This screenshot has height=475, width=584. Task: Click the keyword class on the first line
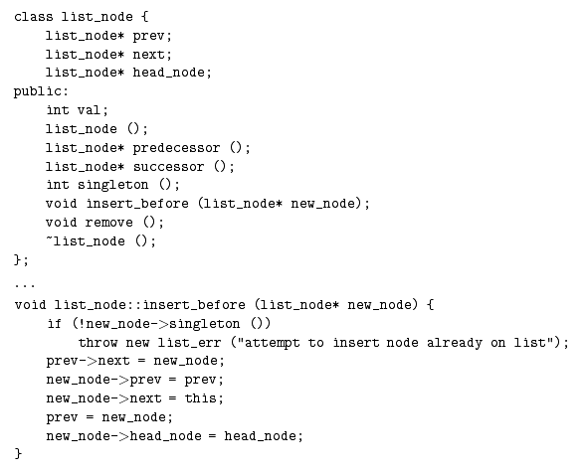[x=34, y=17]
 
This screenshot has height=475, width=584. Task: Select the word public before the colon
[x=38, y=91]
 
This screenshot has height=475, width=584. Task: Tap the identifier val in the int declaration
[x=90, y=110]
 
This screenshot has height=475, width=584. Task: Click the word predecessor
[x=176, y=148]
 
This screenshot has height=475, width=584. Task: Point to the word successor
[x=168, y=167]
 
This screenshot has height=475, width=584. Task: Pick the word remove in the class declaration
[x=108, y=223]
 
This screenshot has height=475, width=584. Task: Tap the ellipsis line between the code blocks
[x=25, y=285]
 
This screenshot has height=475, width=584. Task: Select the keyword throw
[x=97, y=342]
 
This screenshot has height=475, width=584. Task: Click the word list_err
[x=189, y=342]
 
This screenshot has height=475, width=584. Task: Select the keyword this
[x=200, y=398]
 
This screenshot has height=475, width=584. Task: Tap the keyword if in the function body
[x=54, y=323]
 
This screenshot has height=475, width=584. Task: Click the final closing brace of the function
[x=18, y=453]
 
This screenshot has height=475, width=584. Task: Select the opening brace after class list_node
[x=145, y=17]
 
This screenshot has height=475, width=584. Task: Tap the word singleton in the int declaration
[x=112, y=185]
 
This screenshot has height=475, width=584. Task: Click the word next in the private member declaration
[x=148, y=55]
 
